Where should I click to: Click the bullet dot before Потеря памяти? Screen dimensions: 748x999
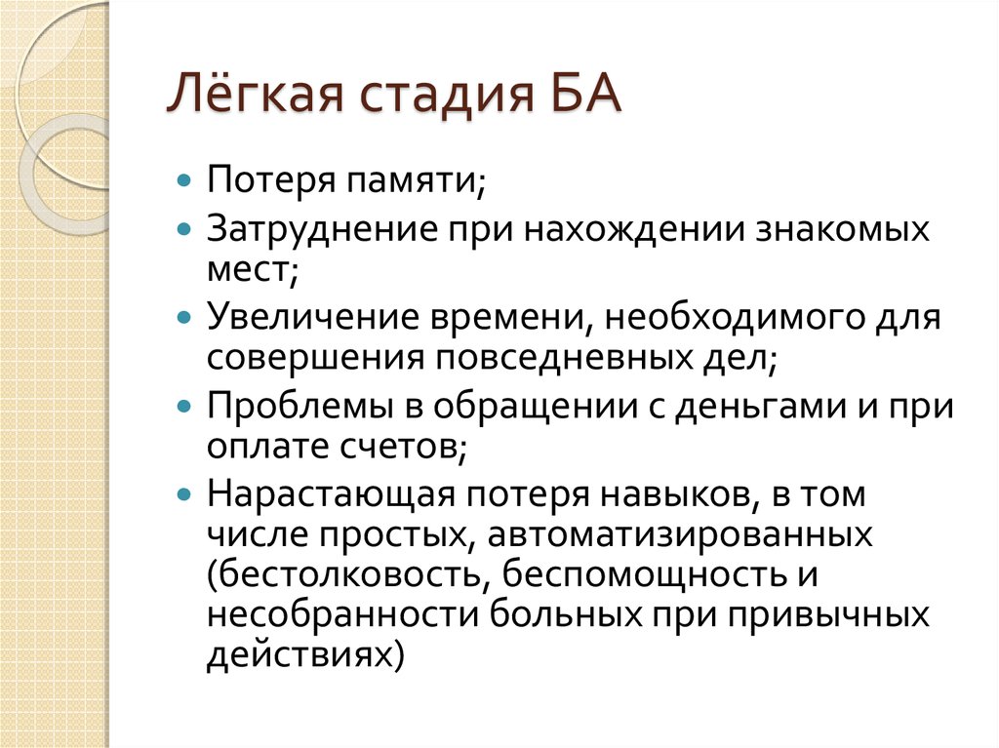click(184, 181)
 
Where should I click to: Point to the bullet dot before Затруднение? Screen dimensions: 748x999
click(184, 232)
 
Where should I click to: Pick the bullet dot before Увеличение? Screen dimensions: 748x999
click(184, 319)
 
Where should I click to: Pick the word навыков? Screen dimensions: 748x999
click(668, 495)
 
